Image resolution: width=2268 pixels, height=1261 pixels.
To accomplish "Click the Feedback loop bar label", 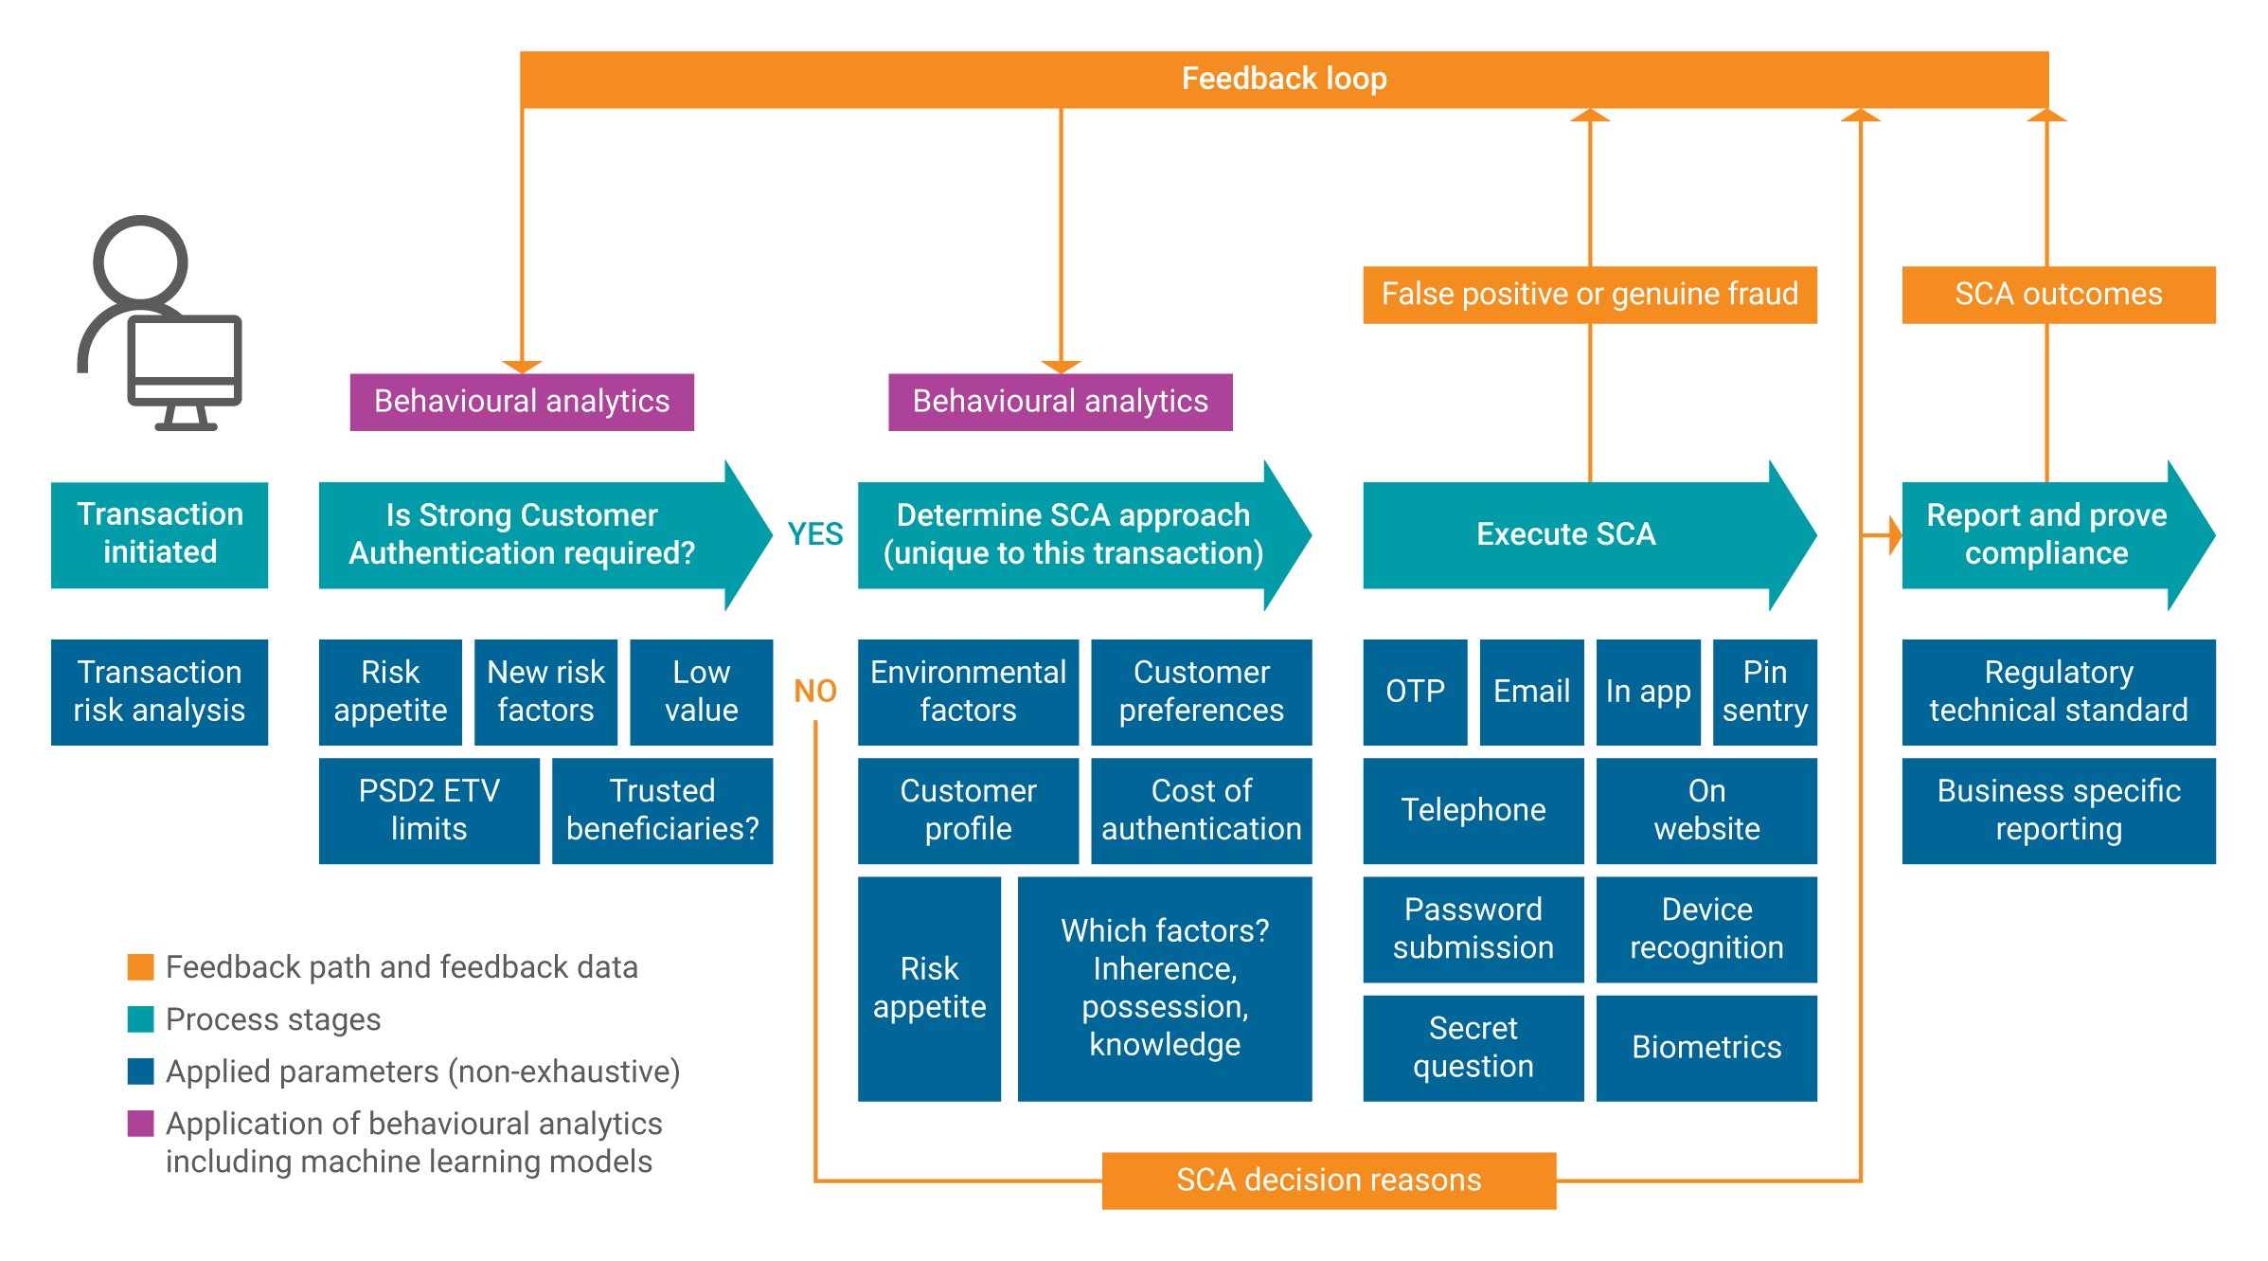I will coord(1283,79).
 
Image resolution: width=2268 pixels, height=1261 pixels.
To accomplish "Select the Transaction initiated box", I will coord(159,534).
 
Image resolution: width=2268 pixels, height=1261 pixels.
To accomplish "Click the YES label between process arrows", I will coord(814,534).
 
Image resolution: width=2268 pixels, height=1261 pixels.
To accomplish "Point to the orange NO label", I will coord(814,691).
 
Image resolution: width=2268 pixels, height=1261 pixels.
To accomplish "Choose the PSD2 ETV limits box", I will coord(429,810).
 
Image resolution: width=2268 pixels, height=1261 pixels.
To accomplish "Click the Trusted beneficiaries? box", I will coord(662,810).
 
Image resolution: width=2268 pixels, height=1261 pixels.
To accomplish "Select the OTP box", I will coord(1415,692).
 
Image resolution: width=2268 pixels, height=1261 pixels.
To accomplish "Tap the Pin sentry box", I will coord(1764,692).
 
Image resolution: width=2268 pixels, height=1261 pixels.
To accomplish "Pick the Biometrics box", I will coord(1706,1047).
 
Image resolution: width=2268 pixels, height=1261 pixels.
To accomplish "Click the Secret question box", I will coord(1473,1047).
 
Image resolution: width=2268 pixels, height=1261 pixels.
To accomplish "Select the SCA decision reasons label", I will coord(1329,1180).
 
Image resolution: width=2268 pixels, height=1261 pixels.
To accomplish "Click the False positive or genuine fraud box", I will coord(1589,295).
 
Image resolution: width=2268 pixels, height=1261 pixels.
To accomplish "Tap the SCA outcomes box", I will coord(2059,295).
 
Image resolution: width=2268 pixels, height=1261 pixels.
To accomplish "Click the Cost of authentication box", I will coord(1201,810).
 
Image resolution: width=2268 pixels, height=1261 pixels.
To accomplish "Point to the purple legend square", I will coord(140,1124).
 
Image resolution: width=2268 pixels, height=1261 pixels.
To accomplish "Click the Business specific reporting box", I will coord(2059,810).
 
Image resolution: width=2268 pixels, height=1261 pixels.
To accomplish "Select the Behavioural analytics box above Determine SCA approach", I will coord(1060,402).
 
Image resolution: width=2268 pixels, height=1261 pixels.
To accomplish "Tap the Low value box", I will coord(701,692).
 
